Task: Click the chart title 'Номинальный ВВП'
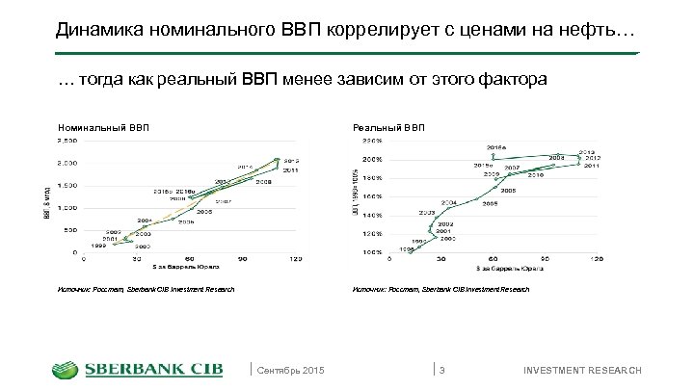104,126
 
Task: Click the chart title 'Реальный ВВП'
388,126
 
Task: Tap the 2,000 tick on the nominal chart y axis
67,163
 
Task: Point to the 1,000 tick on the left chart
67,207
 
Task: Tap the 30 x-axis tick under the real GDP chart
441,259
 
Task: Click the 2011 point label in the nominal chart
290,169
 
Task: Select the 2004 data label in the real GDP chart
448,202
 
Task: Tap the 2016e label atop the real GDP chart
496,147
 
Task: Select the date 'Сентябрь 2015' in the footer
292,372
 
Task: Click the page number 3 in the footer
442,372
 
